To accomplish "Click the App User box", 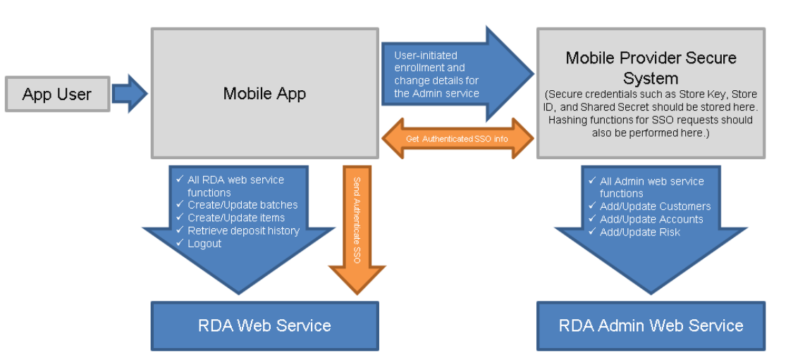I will [57, 94].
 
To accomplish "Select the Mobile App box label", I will [264, 93].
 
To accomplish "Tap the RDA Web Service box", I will [264, 325].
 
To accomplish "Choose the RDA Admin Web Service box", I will [651, 325].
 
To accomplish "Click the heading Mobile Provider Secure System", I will [651, 68].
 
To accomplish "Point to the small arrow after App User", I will [130, 94].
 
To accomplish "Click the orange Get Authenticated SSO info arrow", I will [457, 139].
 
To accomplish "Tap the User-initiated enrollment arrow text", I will [436, 75].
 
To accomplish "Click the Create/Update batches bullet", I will [242, 205].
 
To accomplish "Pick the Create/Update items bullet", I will [236, 218].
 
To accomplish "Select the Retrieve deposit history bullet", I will [243, 230].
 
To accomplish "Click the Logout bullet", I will [204, 243].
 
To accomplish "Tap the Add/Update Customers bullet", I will [655, 206].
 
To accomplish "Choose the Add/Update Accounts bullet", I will [651, 219].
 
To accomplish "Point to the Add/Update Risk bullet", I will [640, 232].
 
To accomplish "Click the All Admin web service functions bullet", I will [651, 187].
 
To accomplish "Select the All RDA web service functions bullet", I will [235, 186].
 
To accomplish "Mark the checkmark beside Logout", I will [179, 243].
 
